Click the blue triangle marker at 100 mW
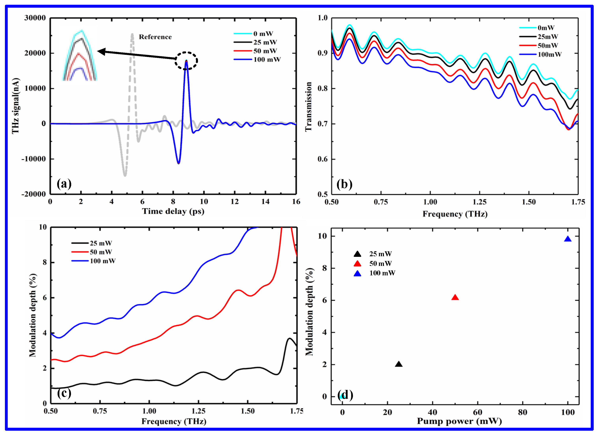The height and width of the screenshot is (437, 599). click(568, 239)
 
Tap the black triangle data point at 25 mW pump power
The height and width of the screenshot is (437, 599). click(398, 364)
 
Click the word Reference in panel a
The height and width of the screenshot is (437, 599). click(155, 37)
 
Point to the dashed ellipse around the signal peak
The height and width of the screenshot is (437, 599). click(186, 61)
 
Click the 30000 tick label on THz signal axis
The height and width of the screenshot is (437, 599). click(35, 18)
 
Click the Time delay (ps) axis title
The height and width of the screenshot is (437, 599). click(173, 211)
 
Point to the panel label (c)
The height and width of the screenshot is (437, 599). click(64, 393)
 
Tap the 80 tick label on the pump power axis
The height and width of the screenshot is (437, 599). click(522, 412)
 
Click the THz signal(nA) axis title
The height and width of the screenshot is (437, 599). click(15, 106)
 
